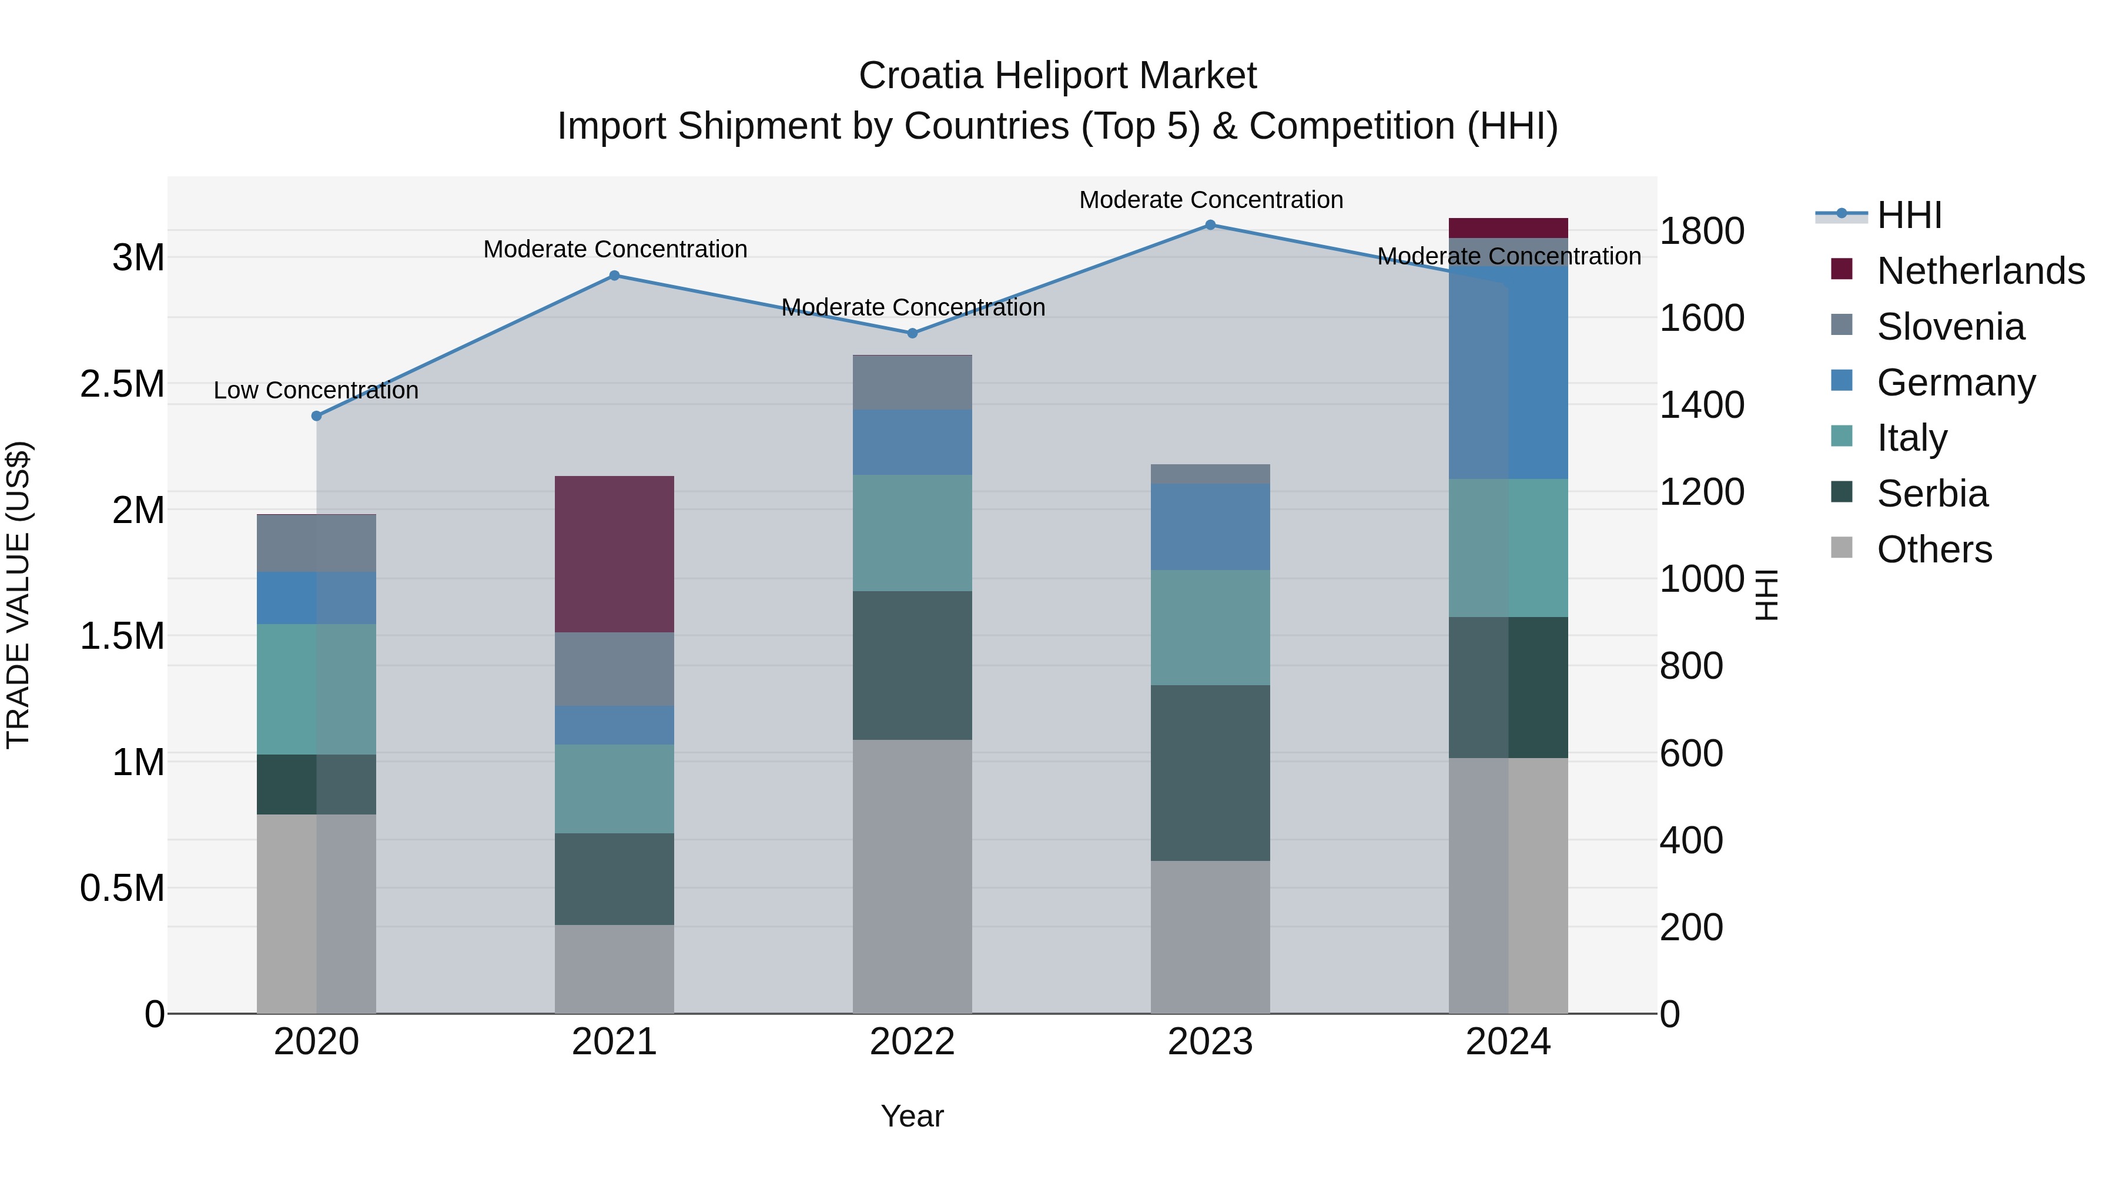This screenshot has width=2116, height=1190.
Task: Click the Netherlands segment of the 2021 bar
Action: click(x=614, y=554)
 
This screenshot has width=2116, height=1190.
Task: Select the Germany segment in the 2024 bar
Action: click(x=1508, y=371)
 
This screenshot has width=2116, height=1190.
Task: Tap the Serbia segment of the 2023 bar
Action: click(x=1210, y=772)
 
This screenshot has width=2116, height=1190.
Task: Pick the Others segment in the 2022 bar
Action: click(x=912, y=876)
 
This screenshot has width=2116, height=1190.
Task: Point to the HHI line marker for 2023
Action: click(x=1210, y=225)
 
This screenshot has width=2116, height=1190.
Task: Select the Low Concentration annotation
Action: click(x=316, y=390)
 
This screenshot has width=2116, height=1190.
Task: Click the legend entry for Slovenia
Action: click(x=1951, y=327)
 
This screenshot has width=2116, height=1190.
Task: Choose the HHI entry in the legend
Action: click(x=1910, y=215)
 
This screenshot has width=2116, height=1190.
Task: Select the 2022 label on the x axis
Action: click(x=912, y=1042)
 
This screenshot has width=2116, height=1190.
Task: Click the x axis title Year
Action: click(x=912, y=1116)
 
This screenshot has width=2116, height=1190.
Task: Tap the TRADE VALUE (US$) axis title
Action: click(x=18, y=595)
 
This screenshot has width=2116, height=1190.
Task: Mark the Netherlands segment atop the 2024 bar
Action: click(x=1508, y=227)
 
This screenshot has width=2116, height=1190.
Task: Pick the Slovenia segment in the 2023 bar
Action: click(x=1210, y=474)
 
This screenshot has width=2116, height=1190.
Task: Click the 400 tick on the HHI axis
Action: click(x=1691, y=840)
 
